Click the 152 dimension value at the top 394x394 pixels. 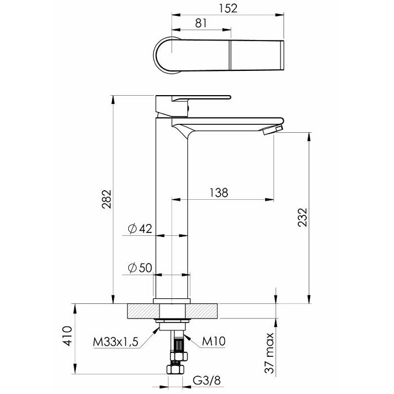point(228,8)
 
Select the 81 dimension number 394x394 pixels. point(201,24)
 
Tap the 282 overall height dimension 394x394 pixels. point(106,199)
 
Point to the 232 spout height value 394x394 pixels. point(303,217)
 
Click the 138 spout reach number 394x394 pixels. point(218,193)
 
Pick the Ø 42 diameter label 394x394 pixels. point(140,229)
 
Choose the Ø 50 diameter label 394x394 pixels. point(140,268)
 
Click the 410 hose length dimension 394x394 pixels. point(67,336)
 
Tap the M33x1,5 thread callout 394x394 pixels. point(115,342)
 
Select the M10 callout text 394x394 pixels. point(214,341)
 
